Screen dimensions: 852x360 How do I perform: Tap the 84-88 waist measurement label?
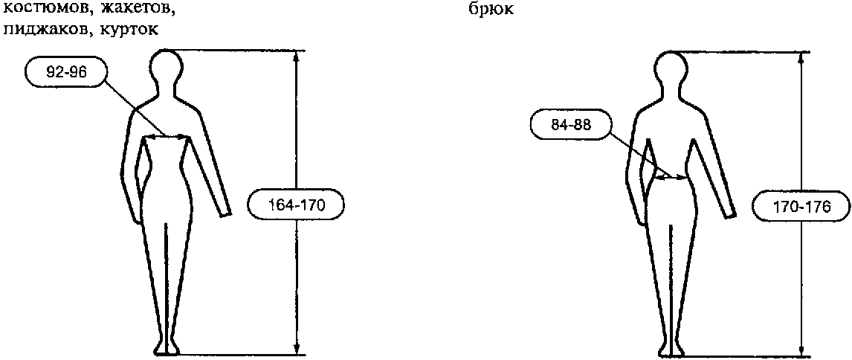[x=569, y=125]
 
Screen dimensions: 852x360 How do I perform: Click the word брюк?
[x=490, y=10]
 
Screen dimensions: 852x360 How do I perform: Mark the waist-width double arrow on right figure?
[x=671, y=177]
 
